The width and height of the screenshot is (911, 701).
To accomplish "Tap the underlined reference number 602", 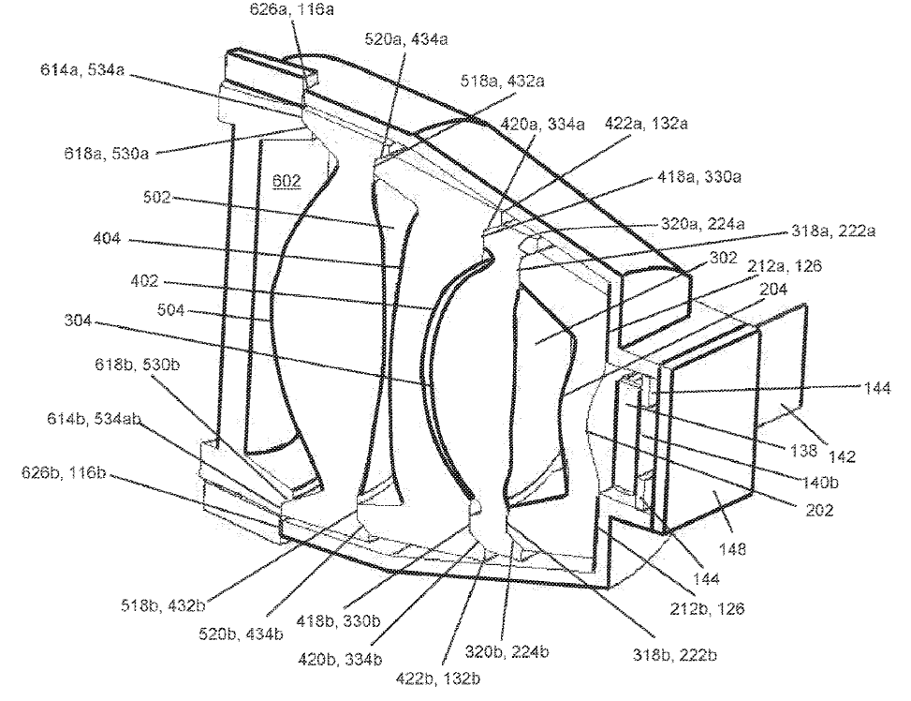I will pyautogui.click(x=287, y=182).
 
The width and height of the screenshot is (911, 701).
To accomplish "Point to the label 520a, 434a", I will pyautogui.click(x=404, y=38).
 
